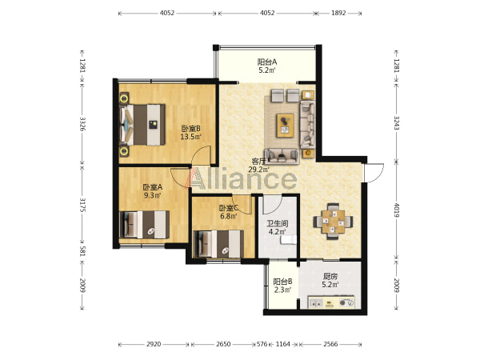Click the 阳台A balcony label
coord(267,62)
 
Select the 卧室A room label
coord(153,186)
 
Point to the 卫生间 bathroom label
coord(278,224)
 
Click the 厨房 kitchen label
coord(330,277)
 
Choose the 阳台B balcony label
coord(282,282)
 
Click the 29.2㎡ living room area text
coord(258,170)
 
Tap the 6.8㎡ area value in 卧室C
coord(228,216)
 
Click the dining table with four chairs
coord(333,222)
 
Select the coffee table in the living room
coord(286,126)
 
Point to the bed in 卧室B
coord(142,125)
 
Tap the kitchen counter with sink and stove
coord(331,302)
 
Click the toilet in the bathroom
coord(289,239)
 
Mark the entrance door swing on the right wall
coord(374,173)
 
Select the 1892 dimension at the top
coord(338,13)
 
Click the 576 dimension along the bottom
coord(262,344)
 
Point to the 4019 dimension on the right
coord(397,210)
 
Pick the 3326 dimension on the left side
coord(82,124)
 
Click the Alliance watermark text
coord(244,178)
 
